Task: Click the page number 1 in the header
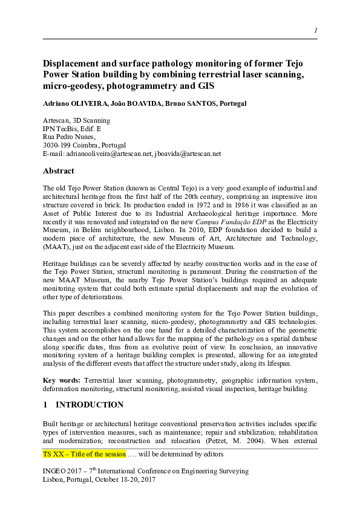click(315, 31)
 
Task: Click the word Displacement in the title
click(71, 63)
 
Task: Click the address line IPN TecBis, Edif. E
click(72, 129)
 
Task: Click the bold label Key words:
click(62, 380)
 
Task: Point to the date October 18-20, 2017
click(123, 478)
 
